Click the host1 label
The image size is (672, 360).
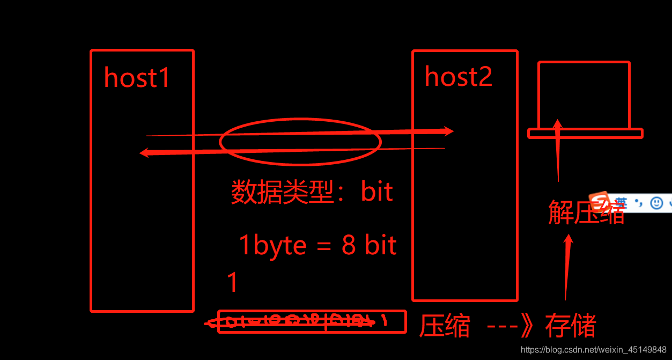[137, 78]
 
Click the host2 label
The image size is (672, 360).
[458, 77]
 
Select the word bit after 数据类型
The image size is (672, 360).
[377, 192]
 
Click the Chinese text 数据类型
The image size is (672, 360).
[282, 192]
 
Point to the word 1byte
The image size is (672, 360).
[272, 246]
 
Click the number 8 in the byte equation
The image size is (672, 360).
[349, 246]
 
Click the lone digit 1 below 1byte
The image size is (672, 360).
[232, 283]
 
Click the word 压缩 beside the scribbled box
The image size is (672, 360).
[445, 326]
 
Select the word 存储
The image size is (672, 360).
[570, 326]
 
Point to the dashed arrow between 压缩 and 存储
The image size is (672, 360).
[507, 326]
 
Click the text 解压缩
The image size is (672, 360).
[586, 212]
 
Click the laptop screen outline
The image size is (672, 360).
[584, 94]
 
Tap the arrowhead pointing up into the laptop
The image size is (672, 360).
[558, 124]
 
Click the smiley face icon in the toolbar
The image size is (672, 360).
[656, 203]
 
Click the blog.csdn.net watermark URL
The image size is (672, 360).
[594, 350]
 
